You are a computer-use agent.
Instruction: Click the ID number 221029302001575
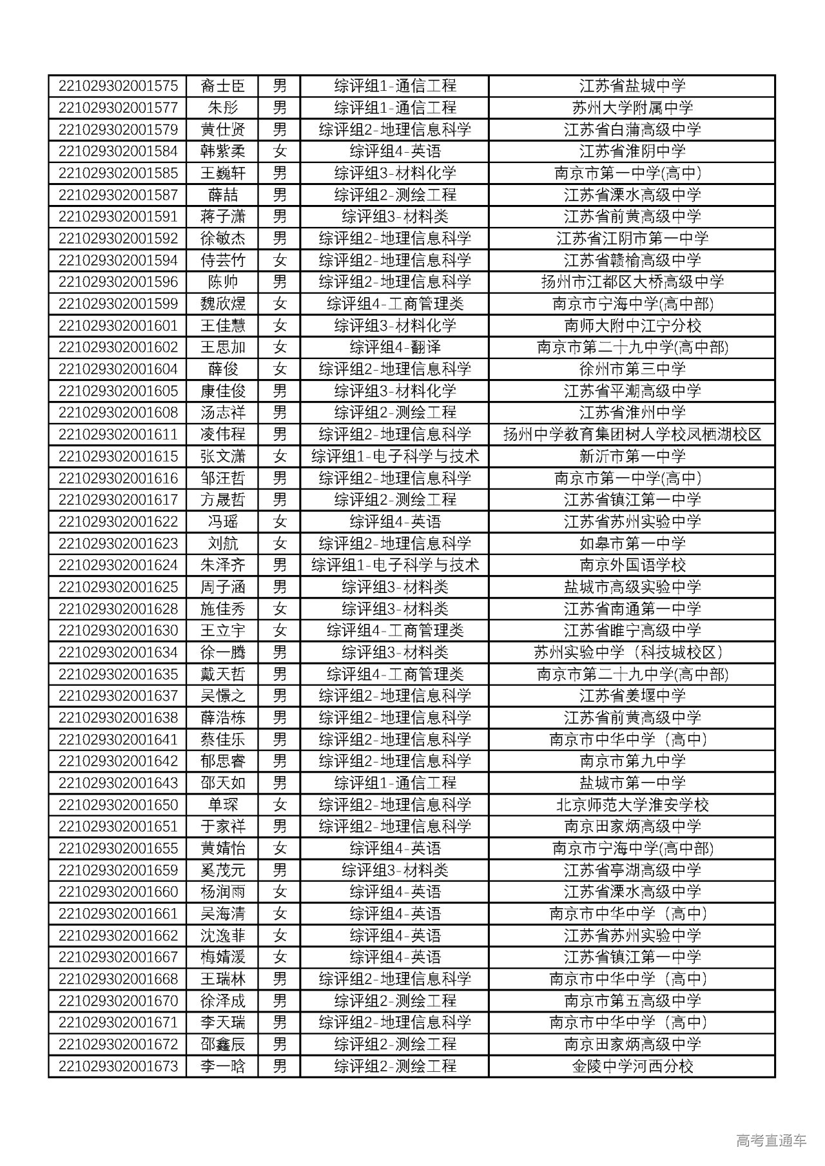click(x=118, y=86)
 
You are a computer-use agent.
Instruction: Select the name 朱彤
click(x=222, y=108)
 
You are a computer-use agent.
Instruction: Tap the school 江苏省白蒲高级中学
click(x=632, y=130)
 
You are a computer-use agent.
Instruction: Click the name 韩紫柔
click(x=222, y=151)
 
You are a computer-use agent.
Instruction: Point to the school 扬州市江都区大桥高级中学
click(x=632, y=282)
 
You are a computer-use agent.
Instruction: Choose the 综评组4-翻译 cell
click(x=394, y=347)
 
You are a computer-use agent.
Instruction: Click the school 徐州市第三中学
click(x=632, y=369)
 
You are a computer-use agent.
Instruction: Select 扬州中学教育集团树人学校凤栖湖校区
click(x=632, y=434)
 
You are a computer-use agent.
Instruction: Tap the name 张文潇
click(x=222, y=456)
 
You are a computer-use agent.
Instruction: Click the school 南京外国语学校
click(x=632, y=565)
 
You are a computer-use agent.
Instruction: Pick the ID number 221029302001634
click(x=118, y=652)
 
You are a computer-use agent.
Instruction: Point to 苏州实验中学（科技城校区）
click(x=632, y=652)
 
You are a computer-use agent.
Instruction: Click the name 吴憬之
click(x=222, y=696)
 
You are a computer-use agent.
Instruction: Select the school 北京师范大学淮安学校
click(x=632, y=805)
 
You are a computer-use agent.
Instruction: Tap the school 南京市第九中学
click(x=632, y=761)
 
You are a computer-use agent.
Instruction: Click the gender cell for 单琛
click(x=279, y=805)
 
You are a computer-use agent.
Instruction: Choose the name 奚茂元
click(x=222, y=870)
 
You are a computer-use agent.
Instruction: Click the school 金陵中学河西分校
click(x=632, y=1066)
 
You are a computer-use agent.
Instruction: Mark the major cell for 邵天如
click(x=394, y=783)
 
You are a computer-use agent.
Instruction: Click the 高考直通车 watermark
click(x=770, y=1140)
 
